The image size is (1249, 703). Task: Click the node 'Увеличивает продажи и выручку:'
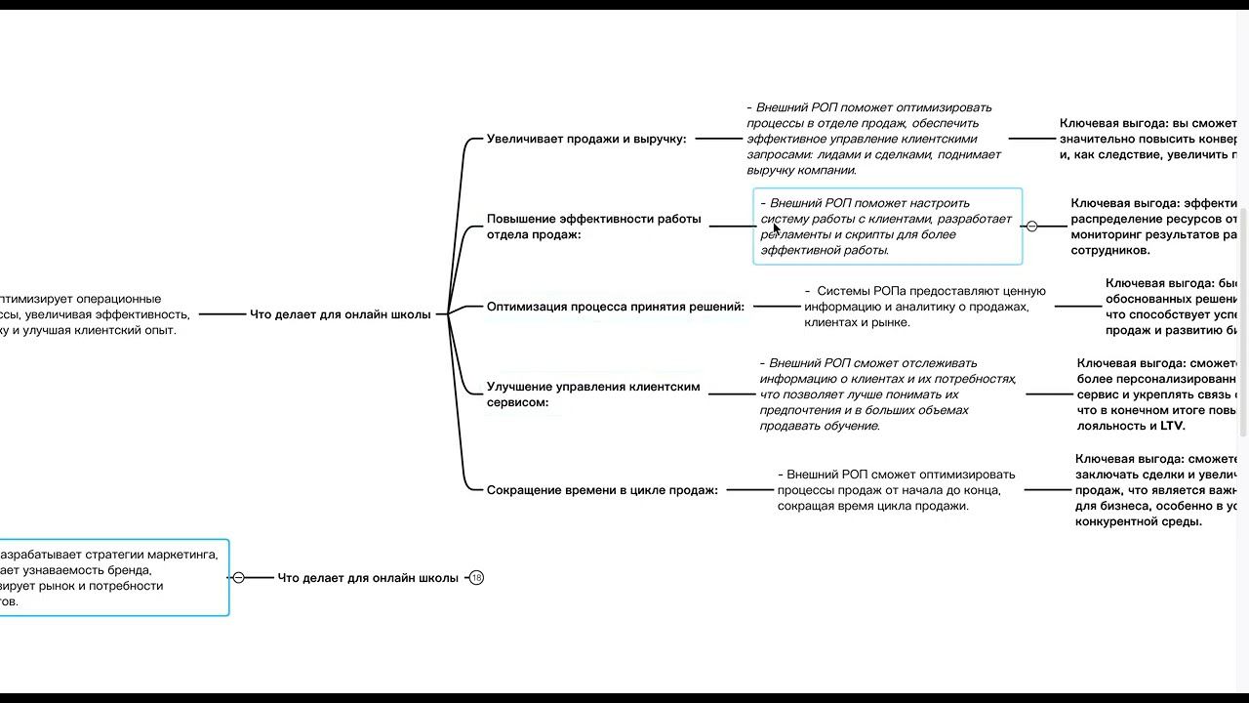tap(586, 139)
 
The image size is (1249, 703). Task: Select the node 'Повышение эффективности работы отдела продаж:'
tap(593, 227)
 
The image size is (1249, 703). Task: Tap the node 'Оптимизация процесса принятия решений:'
tap(615, 307)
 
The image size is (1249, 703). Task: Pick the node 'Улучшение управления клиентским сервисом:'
tap(593, 394)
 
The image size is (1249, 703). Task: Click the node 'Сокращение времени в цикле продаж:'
tap(602, 490)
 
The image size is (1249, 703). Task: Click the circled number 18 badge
tap(476, 578)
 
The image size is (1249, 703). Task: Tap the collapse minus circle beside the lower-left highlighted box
tap(238, 578)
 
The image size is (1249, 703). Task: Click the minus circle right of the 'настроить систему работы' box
tap(1031, 227)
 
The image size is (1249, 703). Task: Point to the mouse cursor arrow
tap(777, 228)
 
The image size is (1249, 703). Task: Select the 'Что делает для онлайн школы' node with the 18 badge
tap(368, 578)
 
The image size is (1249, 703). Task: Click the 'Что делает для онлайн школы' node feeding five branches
tap(340, 314)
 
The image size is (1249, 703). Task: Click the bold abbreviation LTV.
tap(1172, 426)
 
